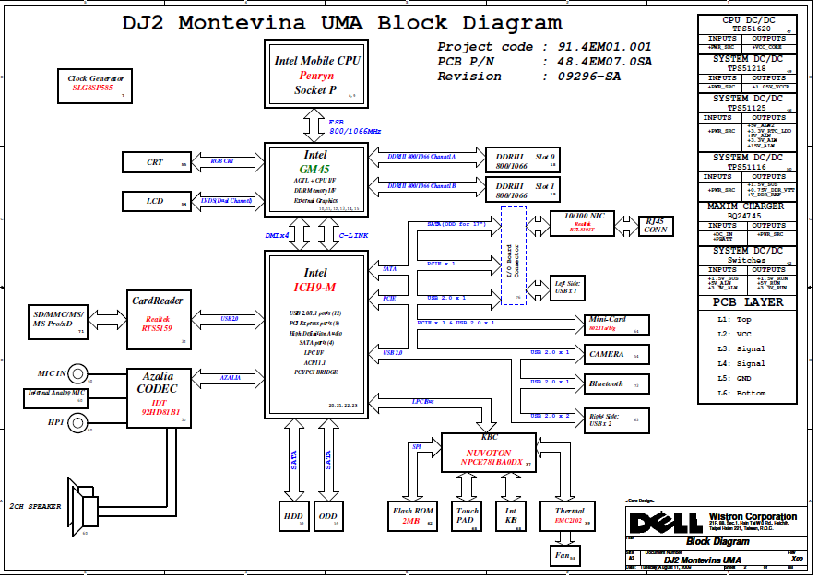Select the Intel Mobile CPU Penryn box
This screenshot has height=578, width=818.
(x=317, y=73)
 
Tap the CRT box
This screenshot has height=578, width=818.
(x=156, y=162)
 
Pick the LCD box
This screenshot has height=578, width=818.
(x=156, y=200)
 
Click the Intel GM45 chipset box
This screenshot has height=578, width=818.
(x=316, y=179)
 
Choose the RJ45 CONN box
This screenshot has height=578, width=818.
(x=656, y=225)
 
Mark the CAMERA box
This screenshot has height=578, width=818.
(x=613, y=354)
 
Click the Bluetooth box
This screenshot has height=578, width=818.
(x=613, y=383)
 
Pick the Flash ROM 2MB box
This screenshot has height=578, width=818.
(x=412, y=515)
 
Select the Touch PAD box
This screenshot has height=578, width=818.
(x=468, y=515)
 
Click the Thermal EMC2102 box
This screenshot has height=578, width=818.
(x=569, y=515)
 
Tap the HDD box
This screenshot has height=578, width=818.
(x=293, y=516)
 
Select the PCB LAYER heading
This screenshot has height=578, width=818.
(x=748, y=302)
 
